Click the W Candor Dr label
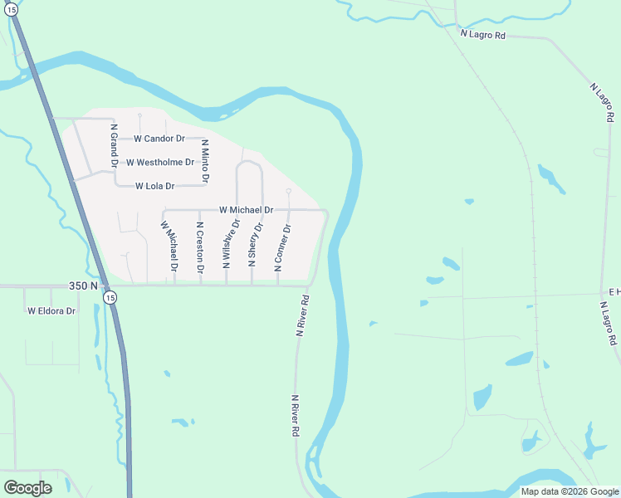pos(159,139)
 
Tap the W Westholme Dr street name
pos(160,162)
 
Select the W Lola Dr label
pos(155,186)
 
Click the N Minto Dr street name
pos(205,161)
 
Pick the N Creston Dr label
pos(200,247)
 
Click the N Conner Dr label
pos(282,247)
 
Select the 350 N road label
pos(83,286)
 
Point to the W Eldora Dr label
pos(51,311)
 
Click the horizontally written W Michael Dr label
pos(247,211)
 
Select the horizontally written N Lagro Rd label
pos(483,34)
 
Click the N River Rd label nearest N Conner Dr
pos(303,316)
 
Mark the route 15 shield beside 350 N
pos(110,295)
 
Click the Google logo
pos(28,488)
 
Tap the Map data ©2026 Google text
pos(570,491)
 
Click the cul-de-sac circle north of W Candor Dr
pos(140,115)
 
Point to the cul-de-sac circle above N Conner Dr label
pos(288,192)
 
